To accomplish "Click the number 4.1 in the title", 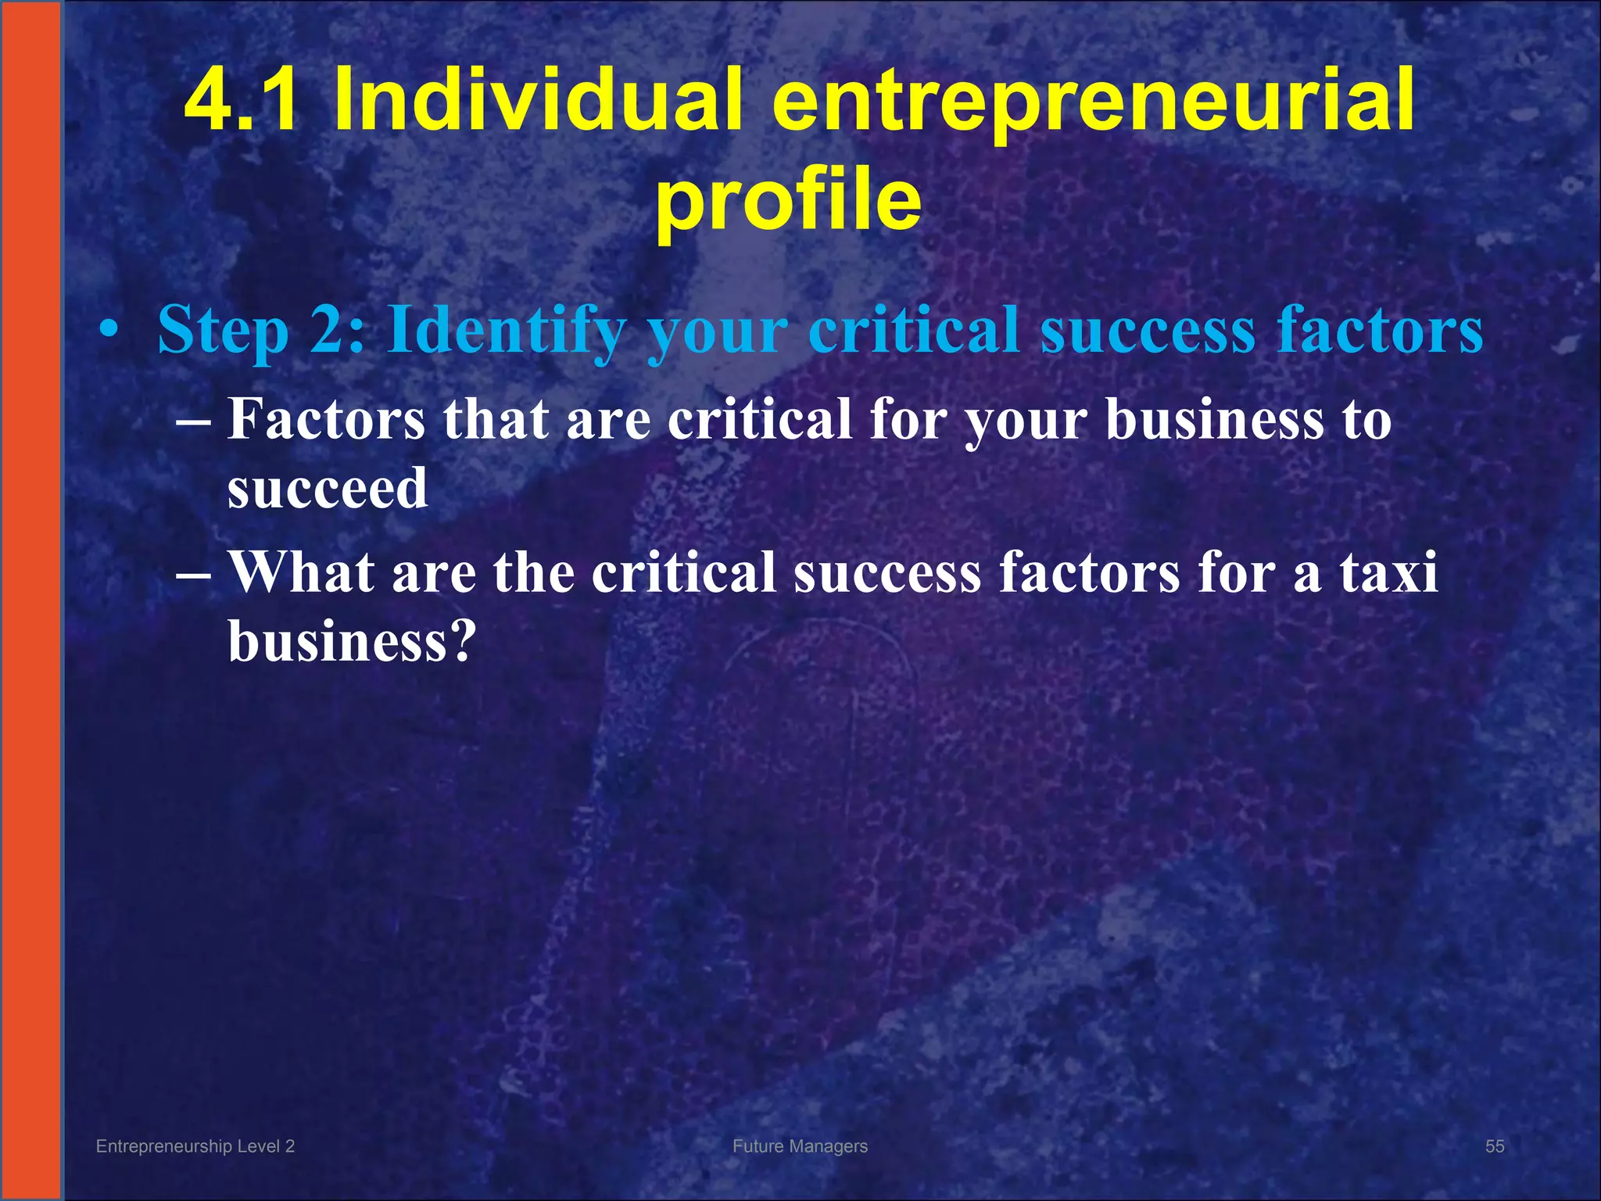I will [240, 100].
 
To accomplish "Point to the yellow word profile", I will [788, 202].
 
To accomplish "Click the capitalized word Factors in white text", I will [326, 420].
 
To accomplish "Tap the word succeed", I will [328, 489].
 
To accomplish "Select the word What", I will [302, 573].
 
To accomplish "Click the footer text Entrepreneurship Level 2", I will [195, 1146].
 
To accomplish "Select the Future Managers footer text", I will [800, 1146].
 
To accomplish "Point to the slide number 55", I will [1495, 1146].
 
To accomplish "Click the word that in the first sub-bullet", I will [496, 420].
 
